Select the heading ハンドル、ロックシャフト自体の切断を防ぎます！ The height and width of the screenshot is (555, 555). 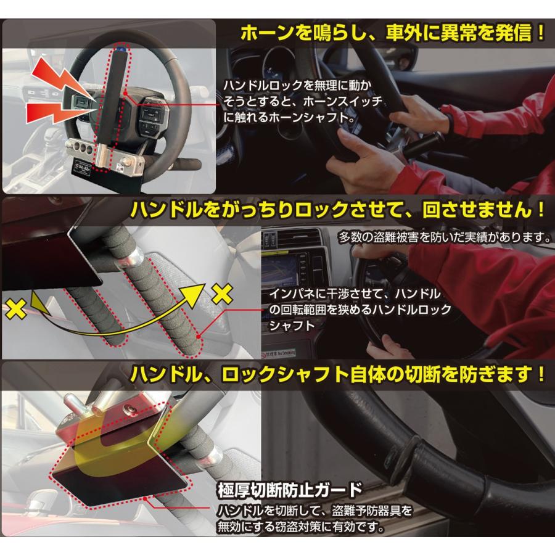pos(335,374)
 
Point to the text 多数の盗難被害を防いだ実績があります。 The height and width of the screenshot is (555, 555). pos(444,237)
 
